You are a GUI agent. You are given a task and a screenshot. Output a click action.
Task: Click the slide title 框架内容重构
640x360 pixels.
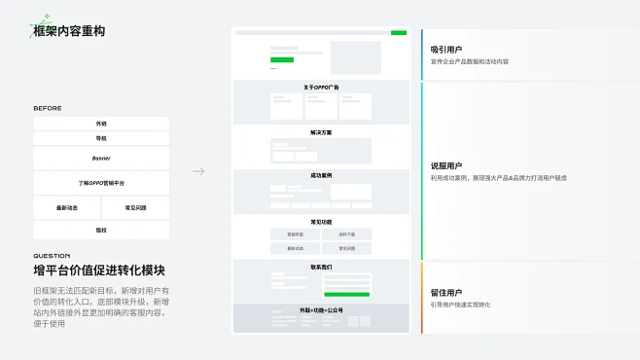(69, 31)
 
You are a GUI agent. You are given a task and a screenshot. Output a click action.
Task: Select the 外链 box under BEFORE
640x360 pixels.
(101, 124)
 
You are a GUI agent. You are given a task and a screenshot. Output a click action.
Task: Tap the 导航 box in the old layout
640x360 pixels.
(101, 139)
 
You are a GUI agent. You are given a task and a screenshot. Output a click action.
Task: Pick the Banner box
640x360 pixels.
(101, 158)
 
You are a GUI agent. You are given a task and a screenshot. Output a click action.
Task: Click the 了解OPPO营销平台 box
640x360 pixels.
(101, 183)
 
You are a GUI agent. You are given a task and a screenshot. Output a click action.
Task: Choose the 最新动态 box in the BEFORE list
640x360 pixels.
(67, 208)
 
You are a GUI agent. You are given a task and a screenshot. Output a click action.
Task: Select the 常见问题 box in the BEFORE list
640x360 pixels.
(136, 208)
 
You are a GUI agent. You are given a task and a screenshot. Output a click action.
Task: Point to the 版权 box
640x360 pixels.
(101, 231)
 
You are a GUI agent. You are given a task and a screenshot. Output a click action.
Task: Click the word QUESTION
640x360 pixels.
(52, 256)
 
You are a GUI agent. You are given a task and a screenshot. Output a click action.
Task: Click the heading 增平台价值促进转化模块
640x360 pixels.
(98, 270)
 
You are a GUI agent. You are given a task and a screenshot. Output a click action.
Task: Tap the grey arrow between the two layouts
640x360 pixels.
(198, 171)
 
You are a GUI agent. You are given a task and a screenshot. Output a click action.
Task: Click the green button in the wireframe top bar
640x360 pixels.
(399, 33)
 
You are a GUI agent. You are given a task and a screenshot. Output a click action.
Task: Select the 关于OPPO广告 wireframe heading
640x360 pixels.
(321, 88)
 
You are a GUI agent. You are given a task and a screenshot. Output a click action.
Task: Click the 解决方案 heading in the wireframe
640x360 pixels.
(321, 132)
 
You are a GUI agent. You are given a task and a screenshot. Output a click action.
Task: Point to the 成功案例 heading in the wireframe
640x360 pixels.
(321, 176)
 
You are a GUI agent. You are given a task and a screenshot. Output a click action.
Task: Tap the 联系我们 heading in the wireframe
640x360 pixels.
(321, 267)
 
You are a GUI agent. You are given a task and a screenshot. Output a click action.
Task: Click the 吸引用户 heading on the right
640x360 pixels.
(446, 49)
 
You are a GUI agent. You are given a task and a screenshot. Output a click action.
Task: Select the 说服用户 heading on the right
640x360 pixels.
(446, 165)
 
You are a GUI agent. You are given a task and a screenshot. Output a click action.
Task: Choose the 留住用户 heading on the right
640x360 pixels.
(446, 292)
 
